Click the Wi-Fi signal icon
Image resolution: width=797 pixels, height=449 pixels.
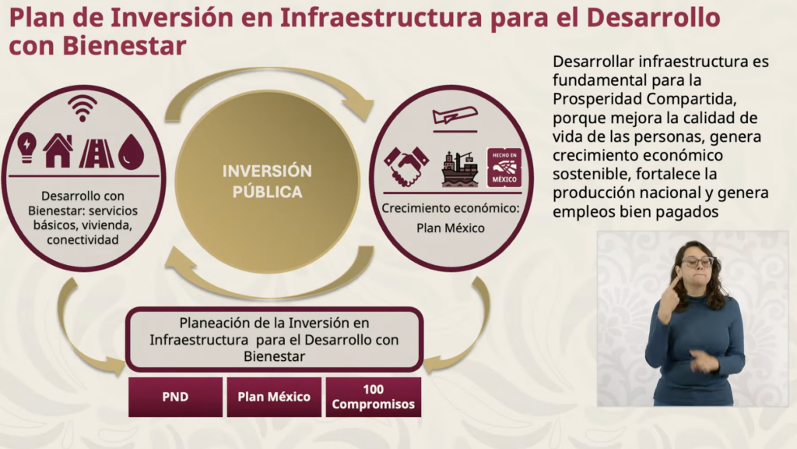(x=83, y=108)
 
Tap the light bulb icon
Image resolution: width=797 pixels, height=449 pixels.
(x=27, y=147)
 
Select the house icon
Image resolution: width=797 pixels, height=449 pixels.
(x=58, y=150)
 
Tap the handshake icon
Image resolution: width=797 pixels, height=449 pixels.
(x=406, y=166)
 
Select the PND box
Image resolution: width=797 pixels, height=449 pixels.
(x=175, y=398)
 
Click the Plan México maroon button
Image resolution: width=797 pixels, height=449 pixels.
(x=274, y=398)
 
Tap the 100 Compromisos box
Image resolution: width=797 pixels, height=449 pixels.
(x=373, y=398)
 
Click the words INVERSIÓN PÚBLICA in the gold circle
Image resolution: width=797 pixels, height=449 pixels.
(x=267, y=181)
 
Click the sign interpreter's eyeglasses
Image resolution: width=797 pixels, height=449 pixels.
(x=697, y=262)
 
